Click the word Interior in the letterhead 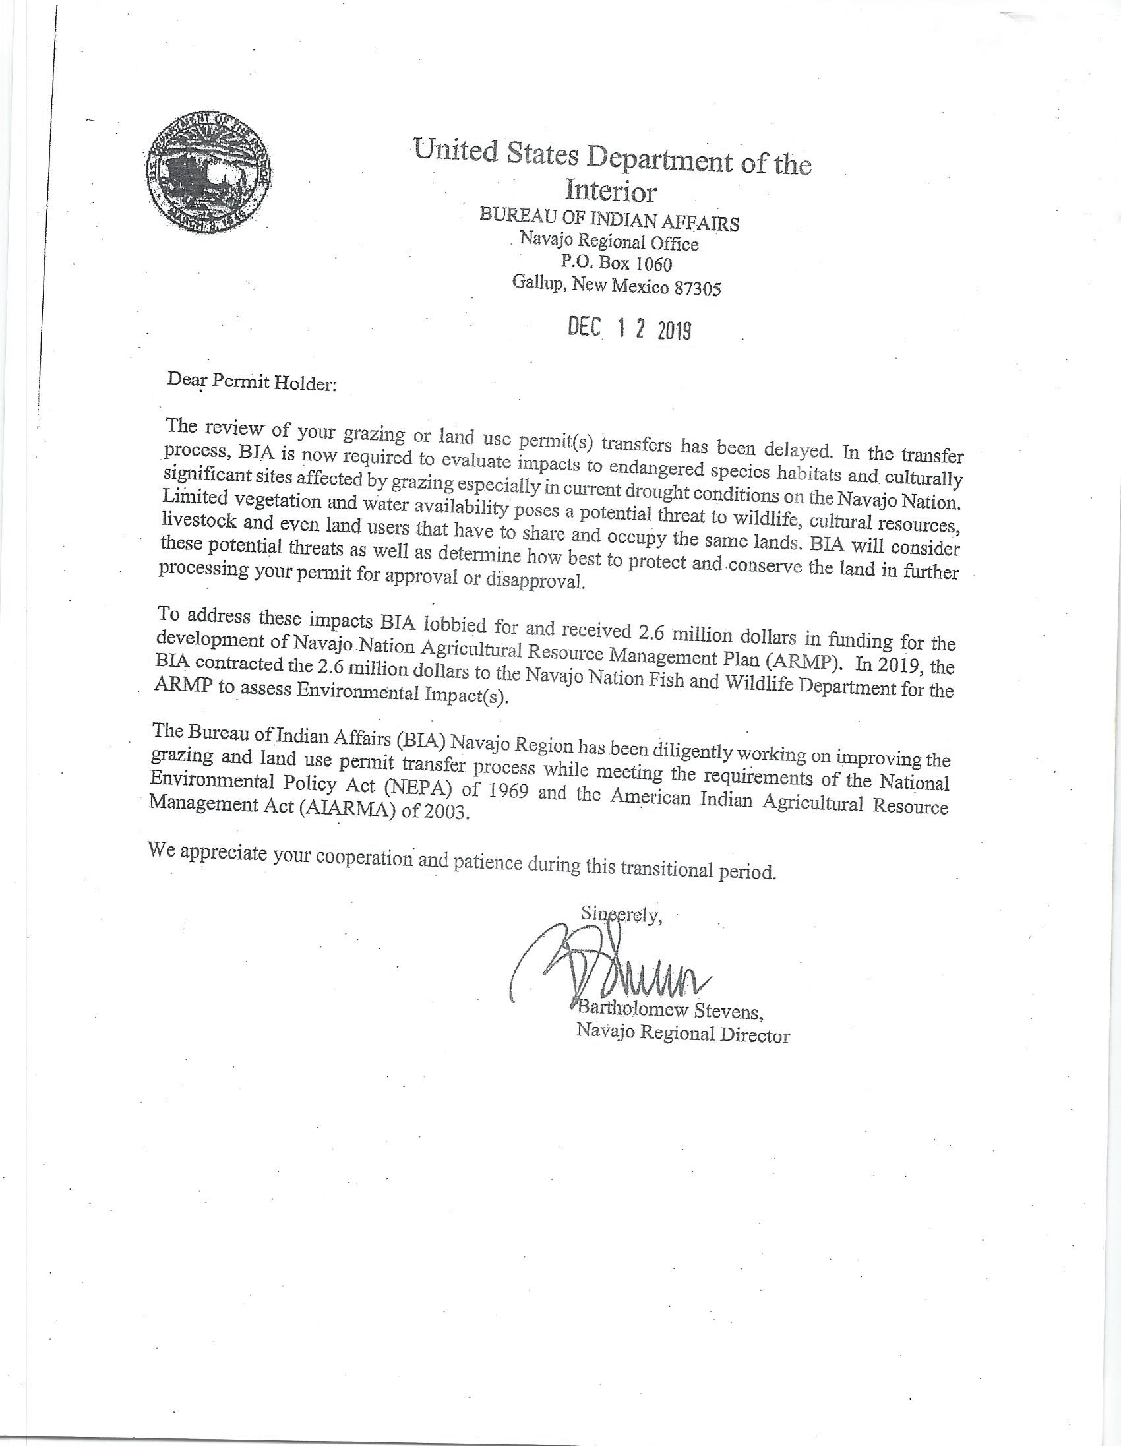(x=611, y=191)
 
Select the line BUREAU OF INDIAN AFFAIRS (x=609, y=220)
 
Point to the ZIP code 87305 (x=696, y=288)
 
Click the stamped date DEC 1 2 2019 (x=630, y=329)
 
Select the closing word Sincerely (x=621, y=915)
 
